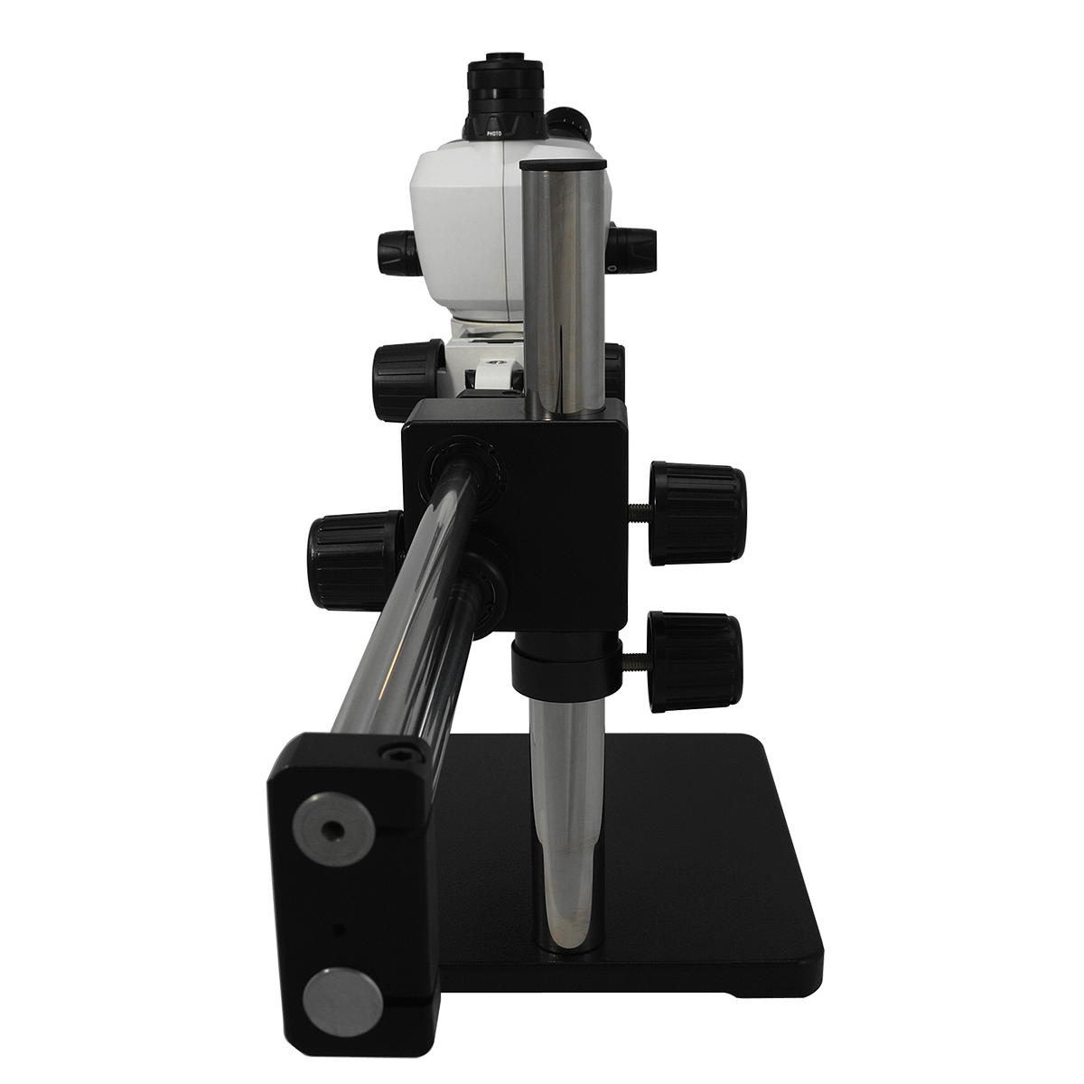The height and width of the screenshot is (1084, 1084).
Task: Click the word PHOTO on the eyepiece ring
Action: (494, 134)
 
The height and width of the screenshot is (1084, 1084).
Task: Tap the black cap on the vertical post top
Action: (564, 164)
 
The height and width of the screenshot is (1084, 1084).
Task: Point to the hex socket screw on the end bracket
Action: (399, 751)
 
